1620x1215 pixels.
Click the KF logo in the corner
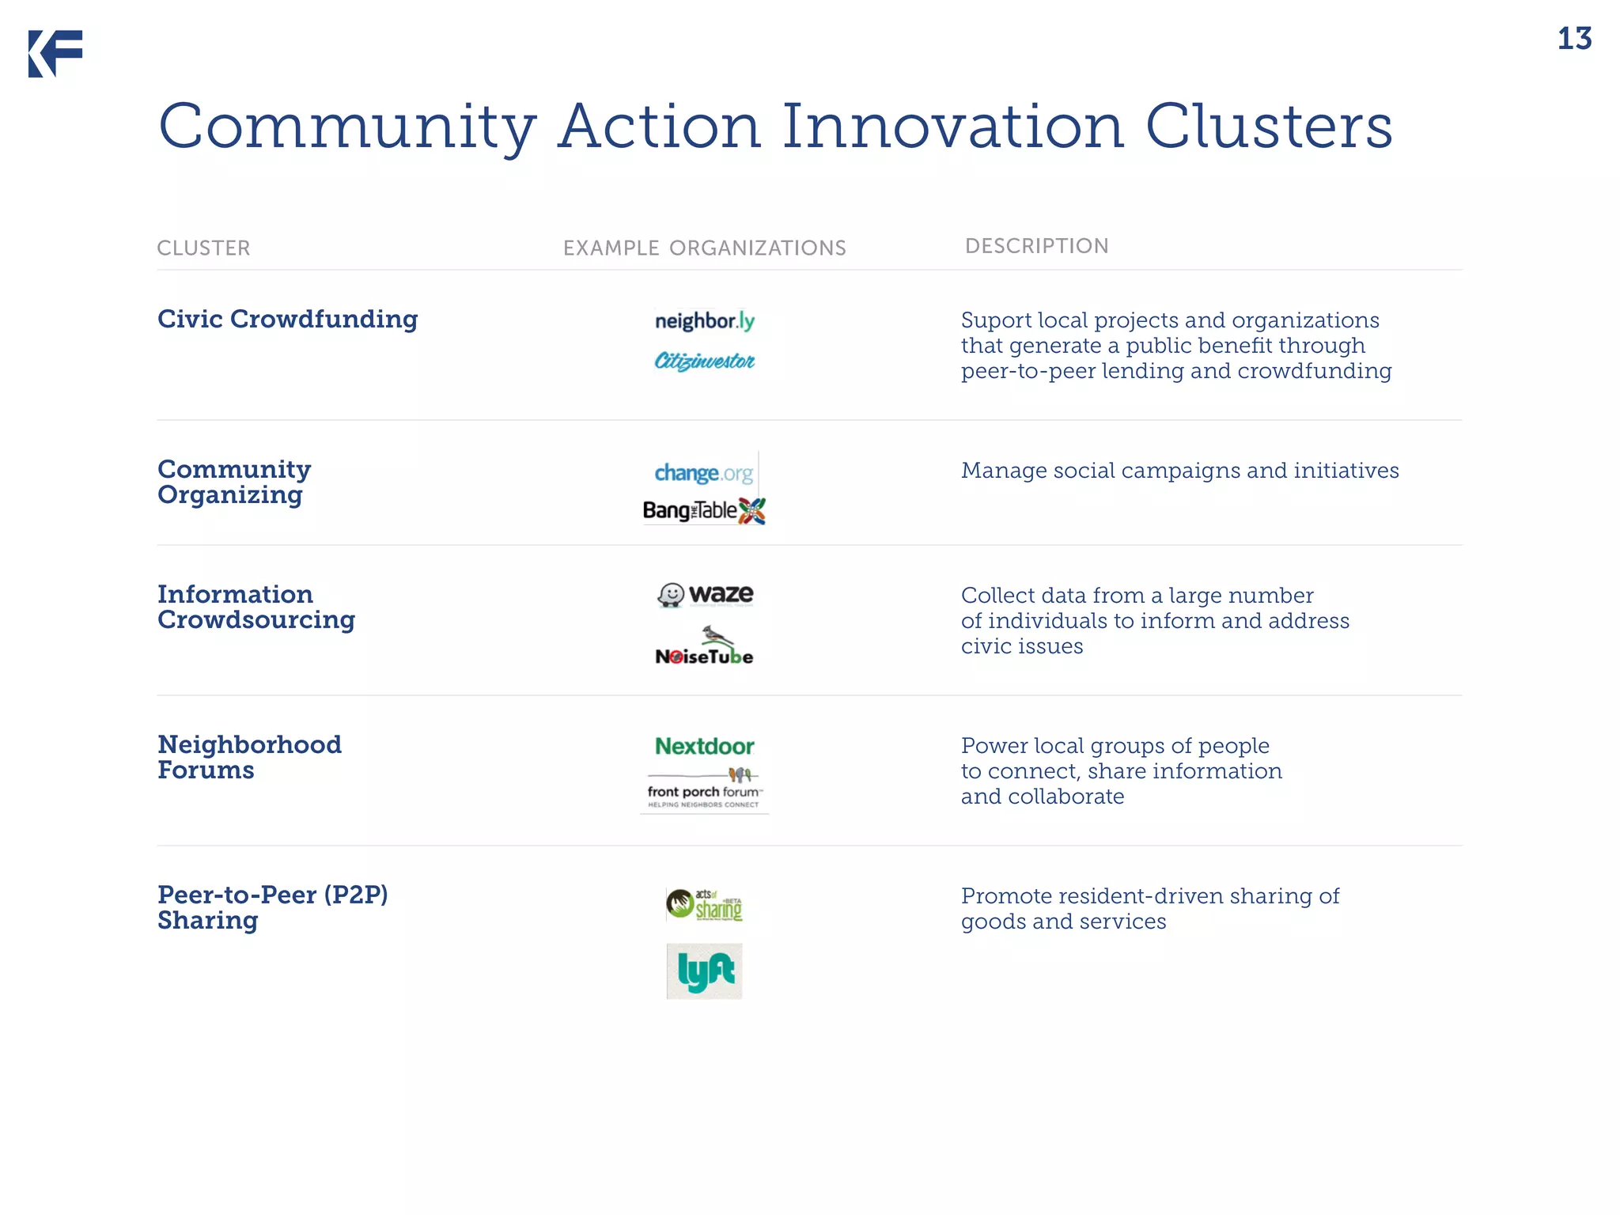click(x=55, y=54)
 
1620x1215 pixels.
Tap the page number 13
click(x=1573, y=39)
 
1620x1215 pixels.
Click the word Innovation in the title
click(x=952, y=127)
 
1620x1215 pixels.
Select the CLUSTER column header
click(x=203, y=248)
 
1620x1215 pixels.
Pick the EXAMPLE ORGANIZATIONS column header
click(x=704, y=248)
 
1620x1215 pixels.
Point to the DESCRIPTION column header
click(x=1036, y=246)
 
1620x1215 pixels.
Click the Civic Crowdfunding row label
click(x=287, y=319)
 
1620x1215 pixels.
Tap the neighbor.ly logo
click(x=704, y=320)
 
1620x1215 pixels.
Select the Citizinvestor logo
click(x=704, y=361)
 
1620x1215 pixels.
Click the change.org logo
click(x=703, y=473)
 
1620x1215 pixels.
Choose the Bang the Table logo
click(x=703, y=511)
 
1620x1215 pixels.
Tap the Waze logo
click(x=705, y=594)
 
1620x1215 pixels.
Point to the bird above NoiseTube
click(x=717, y=635)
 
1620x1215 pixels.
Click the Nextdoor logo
click(x=704, y=746)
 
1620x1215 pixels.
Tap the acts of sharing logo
click(x=704, y=904)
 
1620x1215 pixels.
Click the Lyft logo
click(x=704, y=971)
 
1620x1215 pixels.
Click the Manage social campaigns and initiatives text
click(x=1179, y=471)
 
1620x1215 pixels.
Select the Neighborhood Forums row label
click(x=249, y=757)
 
